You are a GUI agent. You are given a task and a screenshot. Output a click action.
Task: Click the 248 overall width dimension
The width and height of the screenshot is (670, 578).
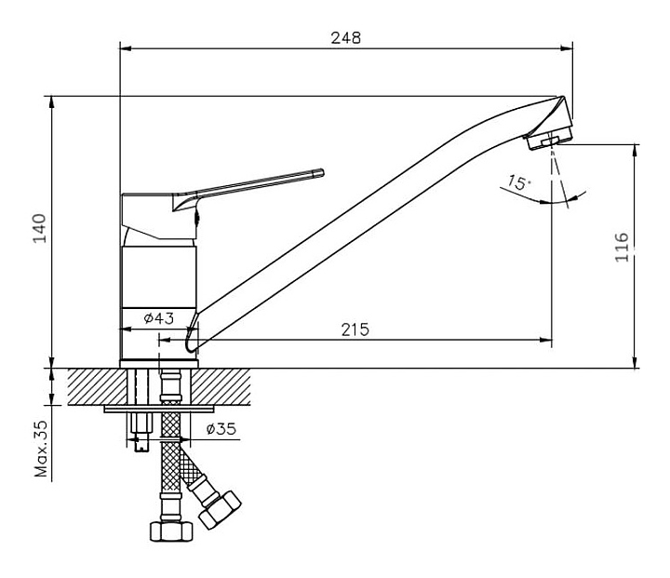point(345,38)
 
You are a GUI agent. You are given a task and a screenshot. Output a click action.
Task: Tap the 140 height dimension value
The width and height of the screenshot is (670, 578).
point(38,229)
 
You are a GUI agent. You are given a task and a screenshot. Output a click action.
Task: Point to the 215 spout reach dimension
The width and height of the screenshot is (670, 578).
point(355,329)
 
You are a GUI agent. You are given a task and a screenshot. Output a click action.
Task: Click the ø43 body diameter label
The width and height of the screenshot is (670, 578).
point(159,318)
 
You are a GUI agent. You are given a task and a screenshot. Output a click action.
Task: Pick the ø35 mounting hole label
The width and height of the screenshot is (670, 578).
point(221,429)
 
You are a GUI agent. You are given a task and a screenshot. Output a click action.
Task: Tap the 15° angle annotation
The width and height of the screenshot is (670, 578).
point(518,184)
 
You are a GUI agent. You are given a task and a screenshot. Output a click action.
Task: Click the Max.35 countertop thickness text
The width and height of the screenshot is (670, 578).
point(40,447)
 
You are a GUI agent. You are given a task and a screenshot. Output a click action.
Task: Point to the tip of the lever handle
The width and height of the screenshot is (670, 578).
point(319,172)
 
